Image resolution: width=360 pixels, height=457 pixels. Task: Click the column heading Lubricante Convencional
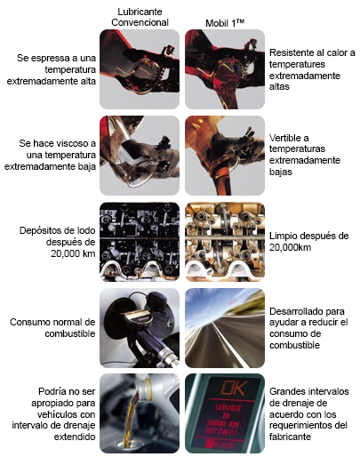140,17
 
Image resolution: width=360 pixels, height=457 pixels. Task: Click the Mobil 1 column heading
225,23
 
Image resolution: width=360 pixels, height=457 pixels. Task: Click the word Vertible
284,138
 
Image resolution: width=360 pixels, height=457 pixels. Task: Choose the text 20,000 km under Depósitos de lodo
73,253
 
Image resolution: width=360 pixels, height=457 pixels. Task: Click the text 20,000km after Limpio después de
290,247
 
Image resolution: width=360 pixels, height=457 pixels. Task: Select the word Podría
51,391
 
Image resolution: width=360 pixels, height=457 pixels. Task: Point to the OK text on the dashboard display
234,388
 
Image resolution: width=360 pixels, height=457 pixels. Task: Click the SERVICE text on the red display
228,409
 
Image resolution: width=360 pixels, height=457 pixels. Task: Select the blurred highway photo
225,328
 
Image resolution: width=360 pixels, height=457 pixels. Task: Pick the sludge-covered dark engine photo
140,242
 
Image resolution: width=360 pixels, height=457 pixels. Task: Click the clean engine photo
225,242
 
